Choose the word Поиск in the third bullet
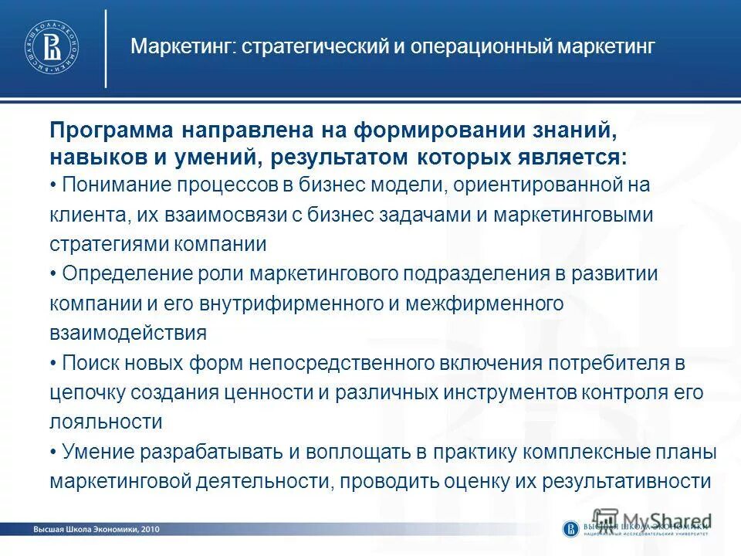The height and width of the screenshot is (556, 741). tap(87, 363)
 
